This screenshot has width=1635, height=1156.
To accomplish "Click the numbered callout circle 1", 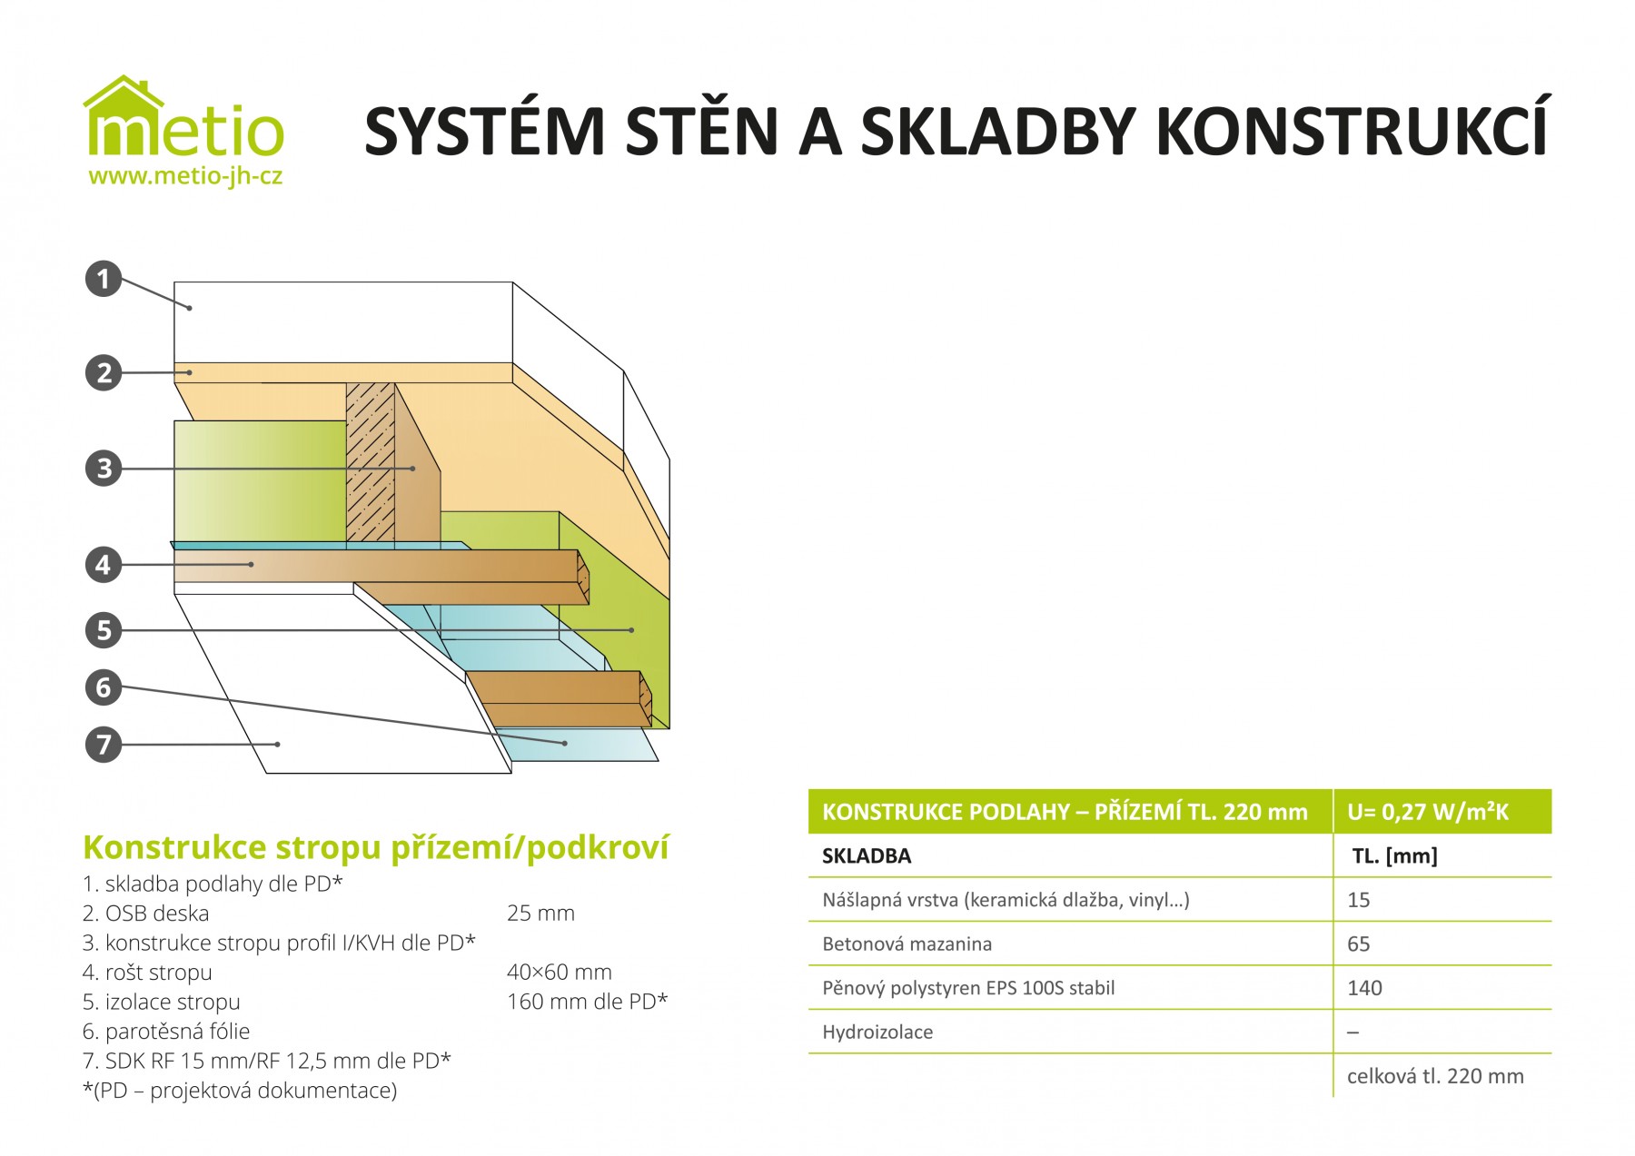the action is click(x=104, y=279).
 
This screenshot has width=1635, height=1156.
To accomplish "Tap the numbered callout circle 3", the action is click(x=104, y=469).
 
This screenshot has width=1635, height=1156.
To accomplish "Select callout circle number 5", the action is click(x=104, y=630).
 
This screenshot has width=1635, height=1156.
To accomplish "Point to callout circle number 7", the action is click(x=104, y=745).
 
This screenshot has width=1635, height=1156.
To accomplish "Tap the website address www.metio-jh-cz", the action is click(x=185, y=176).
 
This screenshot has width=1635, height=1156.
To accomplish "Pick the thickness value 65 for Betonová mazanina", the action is click(x=1359, y=944).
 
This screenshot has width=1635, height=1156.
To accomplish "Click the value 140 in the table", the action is click(x=1364, y=988).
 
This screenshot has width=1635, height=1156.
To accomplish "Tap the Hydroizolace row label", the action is click(x=877, y=1032).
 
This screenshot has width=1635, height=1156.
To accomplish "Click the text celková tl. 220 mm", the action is click(x=1435, y=1076).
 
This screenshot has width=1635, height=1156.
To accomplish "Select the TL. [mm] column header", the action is click(x=1395, y=856).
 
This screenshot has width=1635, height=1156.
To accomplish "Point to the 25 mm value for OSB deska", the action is click(x=540, y=914).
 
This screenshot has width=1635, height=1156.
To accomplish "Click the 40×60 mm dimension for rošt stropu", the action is click(x=560, y=973).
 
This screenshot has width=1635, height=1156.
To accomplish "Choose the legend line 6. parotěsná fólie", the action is click(x=166, y=1032).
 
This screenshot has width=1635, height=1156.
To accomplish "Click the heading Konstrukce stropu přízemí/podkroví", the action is click(x=376, y=847).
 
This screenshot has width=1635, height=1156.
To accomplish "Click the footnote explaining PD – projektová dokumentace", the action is click(x=240, y=1091).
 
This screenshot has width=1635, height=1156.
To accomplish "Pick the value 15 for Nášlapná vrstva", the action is click(x=1358, y=900).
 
